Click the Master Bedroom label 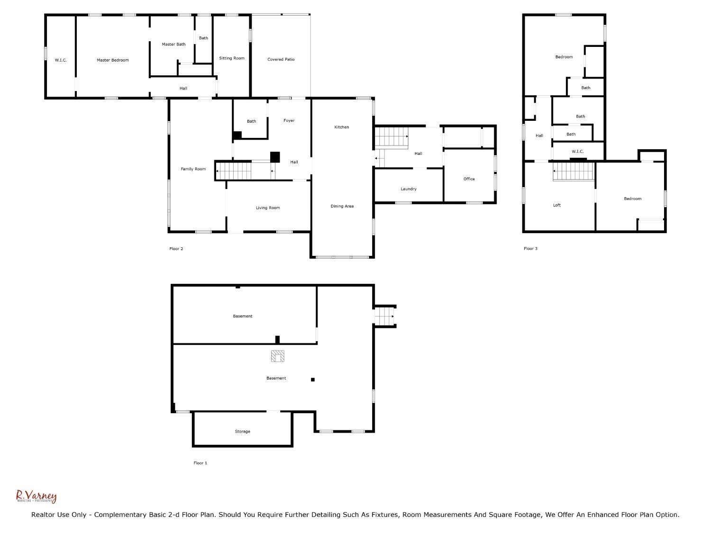(x=113, y=60)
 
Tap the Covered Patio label (x=281, y=59)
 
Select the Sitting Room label (x=232, y=58)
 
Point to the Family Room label (x=193, y=169)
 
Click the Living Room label (x=267, y=208)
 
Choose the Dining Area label (x=342, y=206)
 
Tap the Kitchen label (x=341, y=127)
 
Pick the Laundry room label (x=409, y=189)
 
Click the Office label (x=469, y=179)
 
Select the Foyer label (x=289, y=120)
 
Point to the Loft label (x=556, y=205)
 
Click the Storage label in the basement (x=242, y=432)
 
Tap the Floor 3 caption (x=530, y=249)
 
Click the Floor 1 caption (x=200, y=463)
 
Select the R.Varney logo (x=36, y=497)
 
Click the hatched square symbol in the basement (x=278, y=356)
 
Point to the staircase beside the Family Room (x=233, y=171)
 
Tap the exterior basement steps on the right (x=384, y=316)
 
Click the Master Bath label (x=173, y=45)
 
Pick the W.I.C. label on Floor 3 (x=577, y=152)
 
